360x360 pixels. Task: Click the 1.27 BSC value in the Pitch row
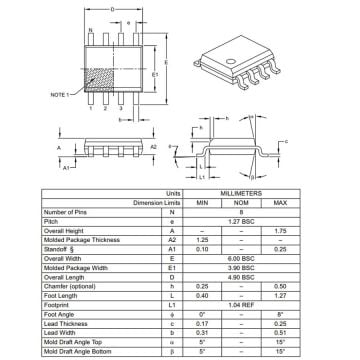[257, 220]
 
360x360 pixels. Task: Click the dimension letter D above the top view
[113, 9]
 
